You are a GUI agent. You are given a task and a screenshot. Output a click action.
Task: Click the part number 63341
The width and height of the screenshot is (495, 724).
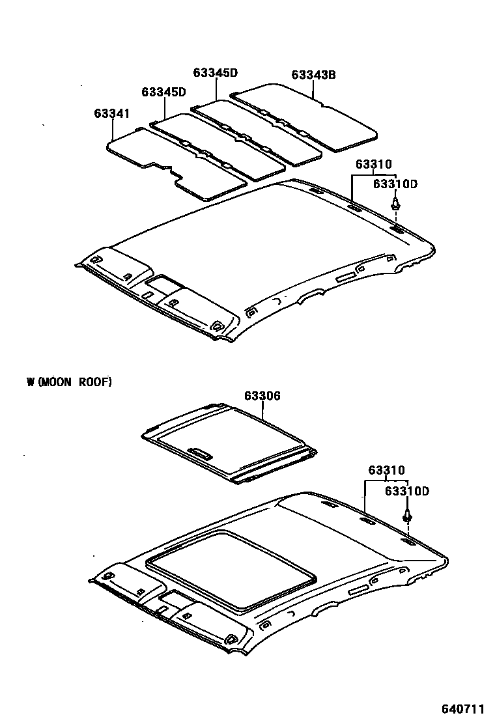click(x=111, y=113)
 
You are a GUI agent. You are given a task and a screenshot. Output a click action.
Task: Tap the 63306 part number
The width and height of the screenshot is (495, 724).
click(x=262, y=396)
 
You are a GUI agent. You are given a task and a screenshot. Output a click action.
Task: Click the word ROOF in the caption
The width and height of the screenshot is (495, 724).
click(x=95, y=382)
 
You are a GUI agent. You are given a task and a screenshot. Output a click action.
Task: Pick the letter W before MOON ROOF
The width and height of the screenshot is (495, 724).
click(x=30, y=382)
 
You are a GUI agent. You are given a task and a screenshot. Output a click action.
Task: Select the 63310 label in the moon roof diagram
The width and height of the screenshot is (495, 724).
click(x=386, y=470)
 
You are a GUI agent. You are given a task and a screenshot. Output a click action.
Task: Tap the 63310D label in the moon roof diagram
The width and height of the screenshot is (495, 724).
click(x=407, y=491)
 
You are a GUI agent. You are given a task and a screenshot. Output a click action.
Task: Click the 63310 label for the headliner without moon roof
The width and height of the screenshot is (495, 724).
click(x=374, y=165)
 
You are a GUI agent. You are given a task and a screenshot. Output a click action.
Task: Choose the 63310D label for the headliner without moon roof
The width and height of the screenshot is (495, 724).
click(x=395, y=185)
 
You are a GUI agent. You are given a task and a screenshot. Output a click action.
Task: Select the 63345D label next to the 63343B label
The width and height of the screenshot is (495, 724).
click(x=215, y=73)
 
